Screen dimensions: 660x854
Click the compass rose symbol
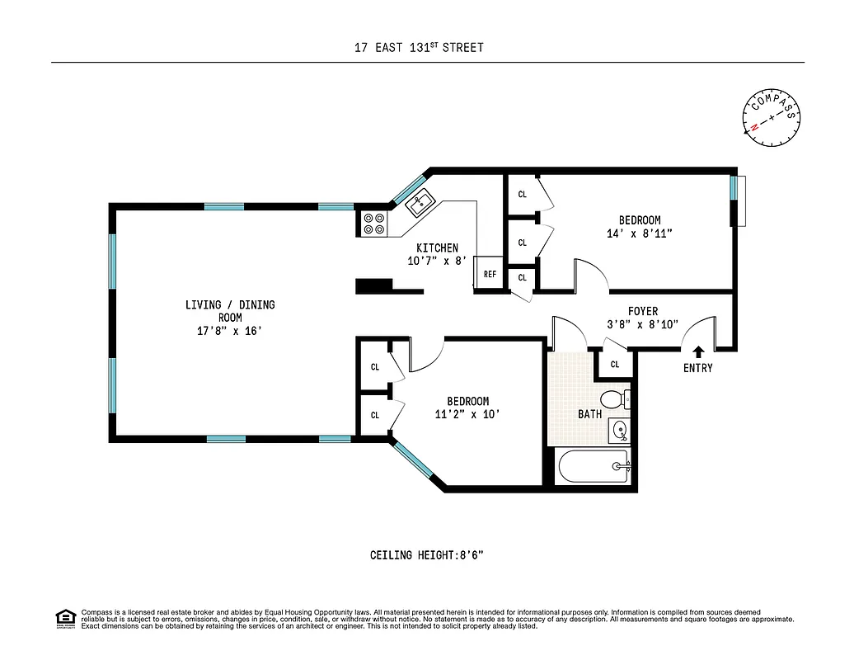(x=772, y=117)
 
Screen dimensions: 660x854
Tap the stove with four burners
(x=373, y=224)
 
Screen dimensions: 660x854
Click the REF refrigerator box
(x=490, y=274)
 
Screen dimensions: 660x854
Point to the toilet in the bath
(x=612, y=400)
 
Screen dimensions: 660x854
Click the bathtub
(x=593, y=467)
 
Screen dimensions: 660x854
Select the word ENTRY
(x=697, y=368)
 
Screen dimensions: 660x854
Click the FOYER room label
(x=643, y=311)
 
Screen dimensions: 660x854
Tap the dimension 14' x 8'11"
(x=640, y=233)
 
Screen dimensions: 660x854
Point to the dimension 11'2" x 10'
(x=468, y=414)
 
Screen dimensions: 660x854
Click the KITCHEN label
(x=437, y=247)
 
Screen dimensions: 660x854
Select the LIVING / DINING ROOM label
(x=230, y=311)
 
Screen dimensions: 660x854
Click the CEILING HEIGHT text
(x=426, y=555)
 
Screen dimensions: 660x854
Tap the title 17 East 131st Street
(x=419, y=48)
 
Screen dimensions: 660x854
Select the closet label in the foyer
(x=615, y=365)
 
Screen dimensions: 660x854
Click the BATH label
(x=589, y=414)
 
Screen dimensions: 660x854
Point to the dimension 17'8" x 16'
(x=230, y=331)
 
